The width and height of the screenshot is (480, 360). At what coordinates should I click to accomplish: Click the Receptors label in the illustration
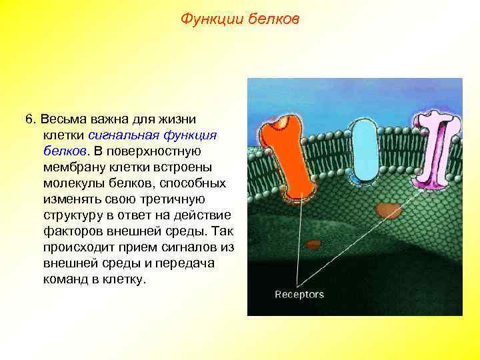point(299,294)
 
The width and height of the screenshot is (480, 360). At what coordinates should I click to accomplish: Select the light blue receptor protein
point(363,151)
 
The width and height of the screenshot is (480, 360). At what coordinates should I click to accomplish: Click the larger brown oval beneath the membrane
point(386,211)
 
